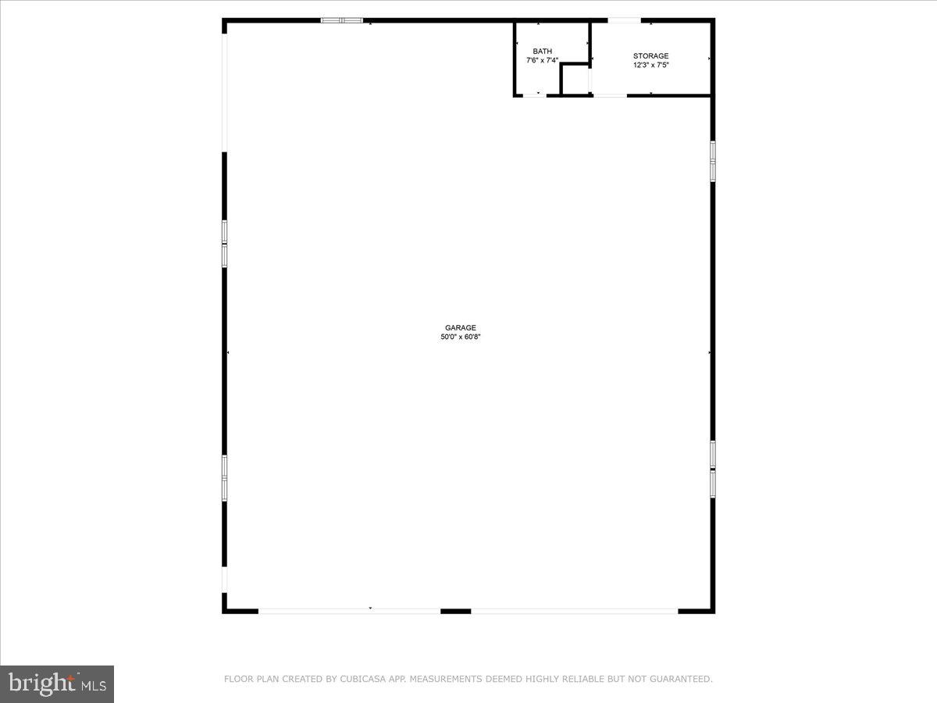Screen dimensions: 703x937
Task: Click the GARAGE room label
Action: (461, 328)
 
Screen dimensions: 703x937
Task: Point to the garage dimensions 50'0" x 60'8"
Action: (461, 337)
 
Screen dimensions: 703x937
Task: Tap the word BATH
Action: (542, 52)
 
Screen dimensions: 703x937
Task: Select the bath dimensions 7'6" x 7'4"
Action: (542, 60)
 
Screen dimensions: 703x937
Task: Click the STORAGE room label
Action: (650, 56)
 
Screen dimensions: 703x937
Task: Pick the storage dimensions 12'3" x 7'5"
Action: (650, 65)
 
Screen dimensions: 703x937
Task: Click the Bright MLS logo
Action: (57, 683)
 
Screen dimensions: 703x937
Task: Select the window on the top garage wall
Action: (342, 20)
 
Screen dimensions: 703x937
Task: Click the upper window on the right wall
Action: (712, 161)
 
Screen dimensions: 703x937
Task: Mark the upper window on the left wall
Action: (225, 244)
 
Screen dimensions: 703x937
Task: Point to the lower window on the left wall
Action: (225, 477)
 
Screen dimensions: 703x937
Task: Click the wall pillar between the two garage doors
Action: (456, 611)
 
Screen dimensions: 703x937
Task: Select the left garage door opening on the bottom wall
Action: (350, 611)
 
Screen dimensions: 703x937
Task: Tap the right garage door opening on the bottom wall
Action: (575, 611)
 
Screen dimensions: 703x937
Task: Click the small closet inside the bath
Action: (575, 80)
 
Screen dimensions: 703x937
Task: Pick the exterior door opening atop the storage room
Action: (625, 20)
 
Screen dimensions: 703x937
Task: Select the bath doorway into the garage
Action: (535, 95)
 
